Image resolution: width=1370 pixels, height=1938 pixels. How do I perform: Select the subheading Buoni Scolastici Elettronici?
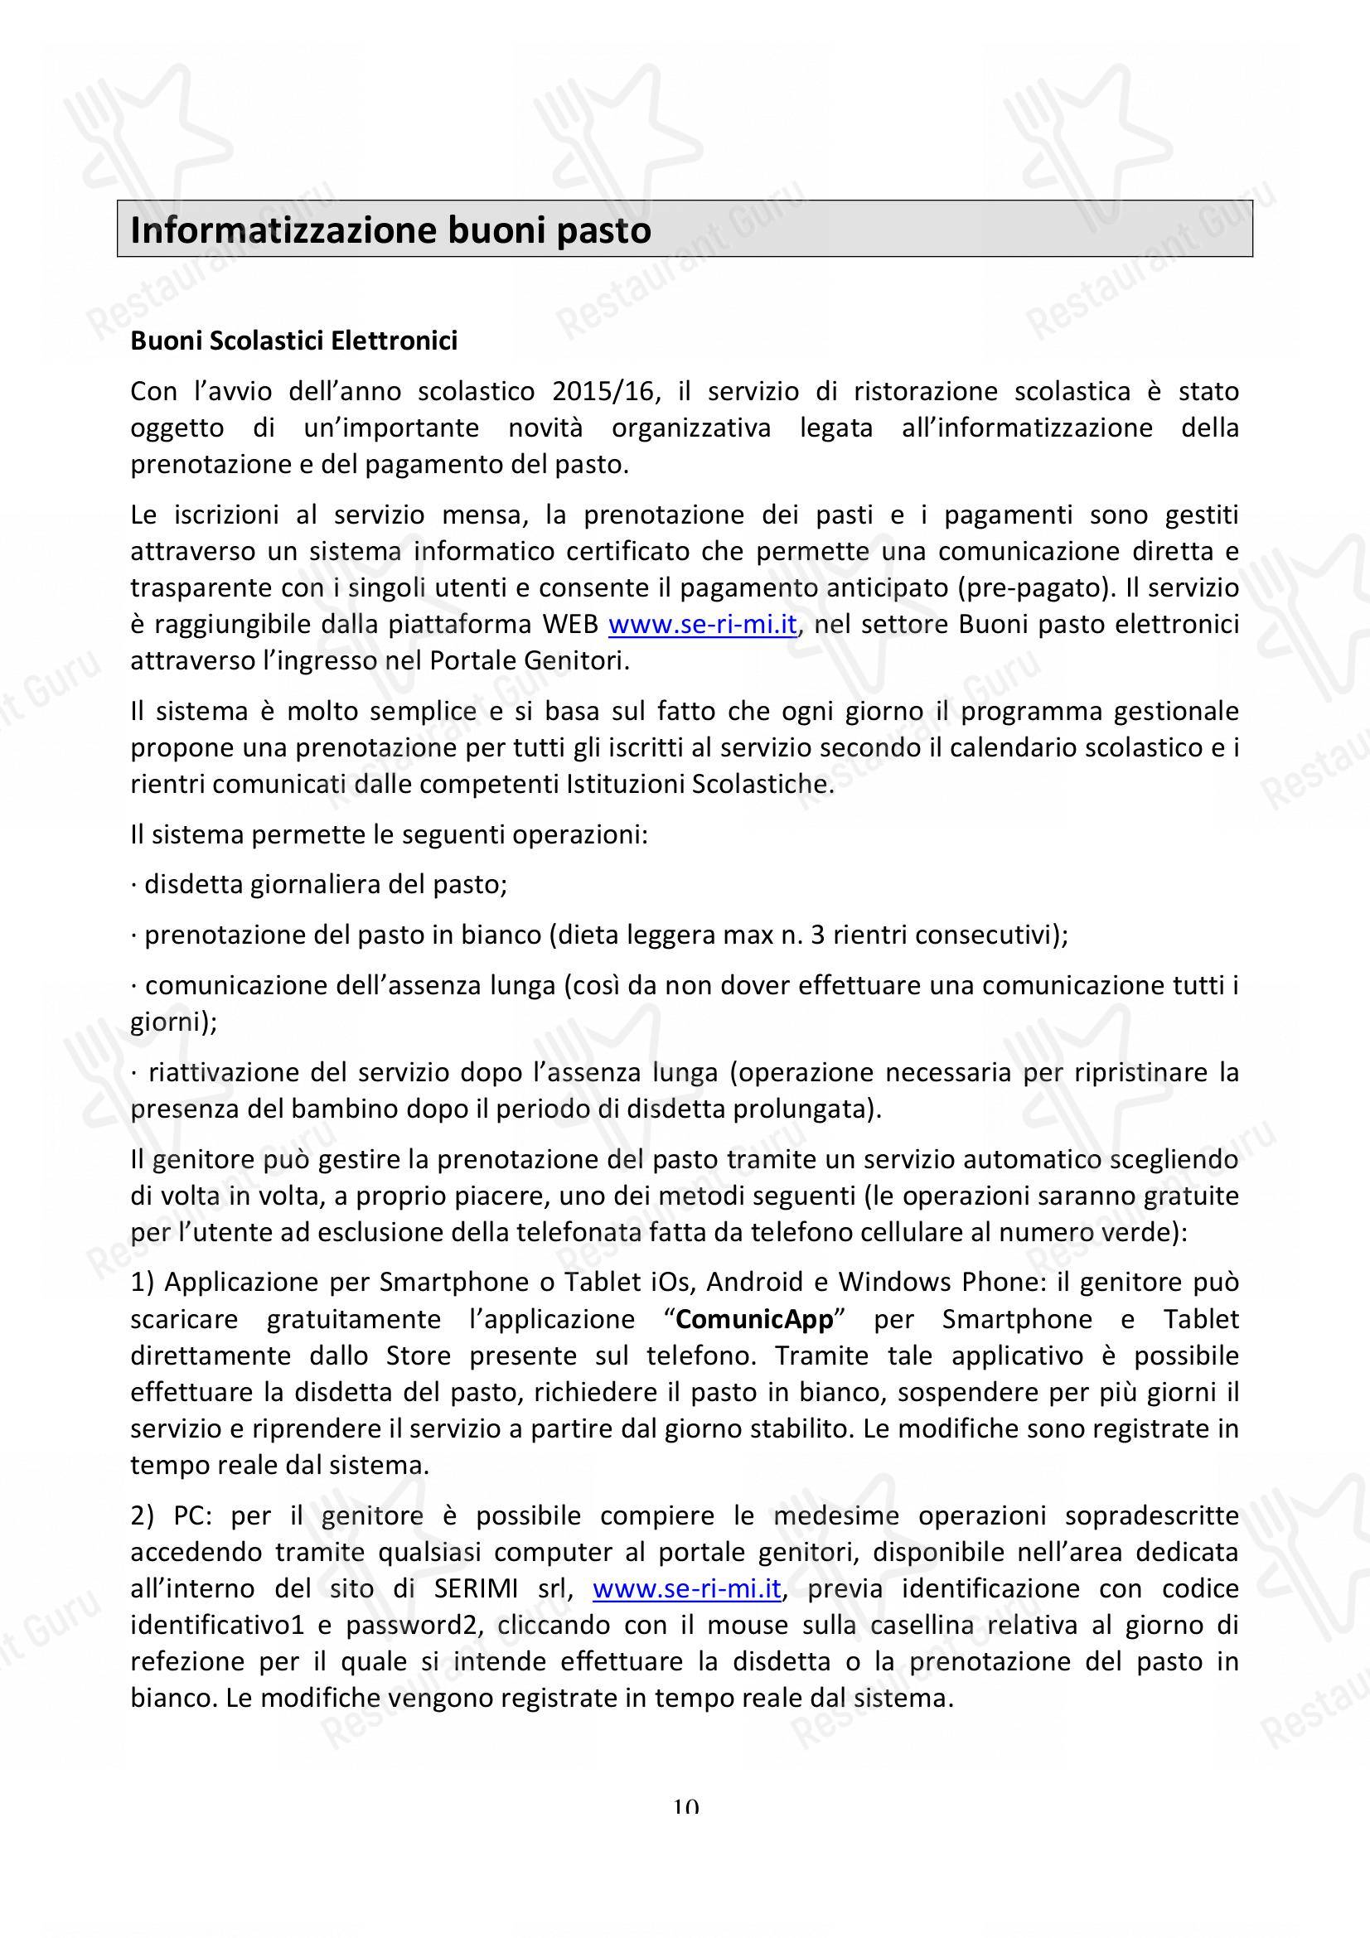click(x=293, y=341)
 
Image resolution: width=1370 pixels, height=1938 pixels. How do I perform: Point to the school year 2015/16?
click(x=602, y=392)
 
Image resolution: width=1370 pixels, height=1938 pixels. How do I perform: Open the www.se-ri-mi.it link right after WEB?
click(x=702, y=625)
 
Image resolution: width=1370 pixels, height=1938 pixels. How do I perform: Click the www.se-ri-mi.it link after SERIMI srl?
click(x=687, y=1588)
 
